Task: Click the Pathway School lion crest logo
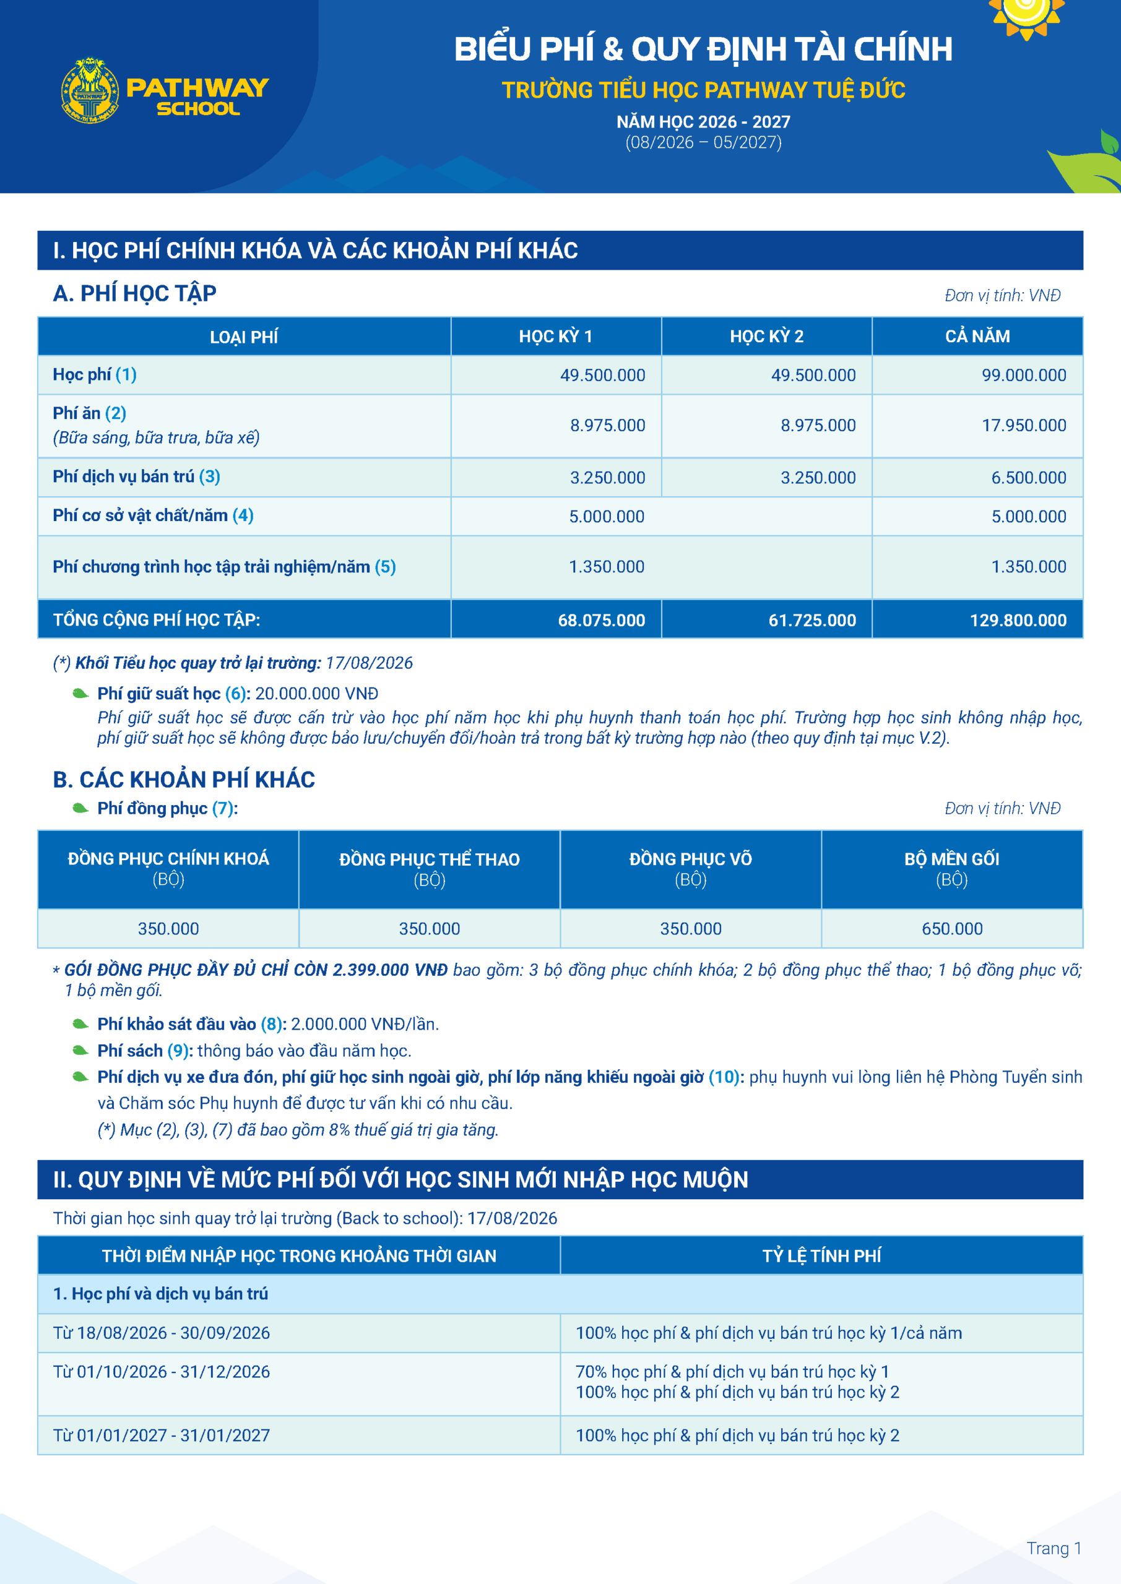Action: (90, 90)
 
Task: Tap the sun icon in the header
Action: (1025, 14)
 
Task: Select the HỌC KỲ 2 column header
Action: (766, 337)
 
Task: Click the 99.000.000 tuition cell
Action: (1024, 376)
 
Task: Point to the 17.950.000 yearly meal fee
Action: (1024, 426)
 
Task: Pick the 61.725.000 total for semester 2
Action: (812, 620)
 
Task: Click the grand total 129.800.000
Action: (1018, 620)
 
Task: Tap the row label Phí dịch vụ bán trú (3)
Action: (137, 476)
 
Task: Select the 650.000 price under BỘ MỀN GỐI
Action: (952, 929)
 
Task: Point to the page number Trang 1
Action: (1054, 1549)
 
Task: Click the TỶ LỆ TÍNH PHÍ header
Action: (821, 1255)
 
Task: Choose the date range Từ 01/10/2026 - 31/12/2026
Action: (162, 1372)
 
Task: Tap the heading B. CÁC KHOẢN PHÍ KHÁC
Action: (184, 780)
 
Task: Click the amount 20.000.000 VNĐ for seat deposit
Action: (317, 694)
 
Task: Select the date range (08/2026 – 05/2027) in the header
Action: (703, 142)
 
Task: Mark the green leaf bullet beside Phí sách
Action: (80, 1051)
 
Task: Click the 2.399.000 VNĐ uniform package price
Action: (390, 970)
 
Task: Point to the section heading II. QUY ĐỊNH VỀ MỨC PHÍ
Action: (400, 1180)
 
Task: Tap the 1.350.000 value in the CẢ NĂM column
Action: (1029, 567)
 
